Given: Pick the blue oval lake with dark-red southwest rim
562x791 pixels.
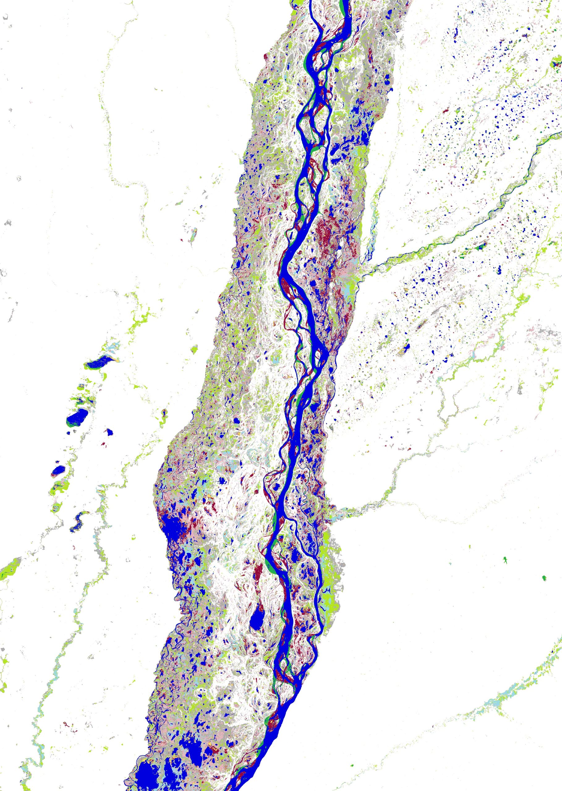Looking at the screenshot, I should point(58,470).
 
